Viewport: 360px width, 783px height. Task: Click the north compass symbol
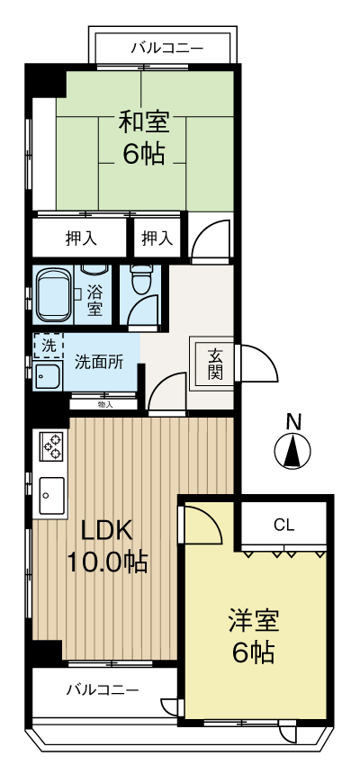point(292,449)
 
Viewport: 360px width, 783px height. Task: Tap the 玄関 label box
point(215,364)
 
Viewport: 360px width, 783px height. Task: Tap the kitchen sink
point(49,493)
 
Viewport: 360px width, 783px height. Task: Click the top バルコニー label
point(166,47)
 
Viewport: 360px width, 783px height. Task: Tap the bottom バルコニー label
point(103,690)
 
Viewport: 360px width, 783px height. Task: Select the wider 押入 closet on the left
point(80,238)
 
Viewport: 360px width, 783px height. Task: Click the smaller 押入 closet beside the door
point(157,238)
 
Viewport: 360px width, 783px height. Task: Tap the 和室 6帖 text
point(144,137)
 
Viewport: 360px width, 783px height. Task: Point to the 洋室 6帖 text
point(253,635)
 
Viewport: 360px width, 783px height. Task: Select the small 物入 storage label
point(105,405)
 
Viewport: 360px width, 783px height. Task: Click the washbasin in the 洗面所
point(47,376)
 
